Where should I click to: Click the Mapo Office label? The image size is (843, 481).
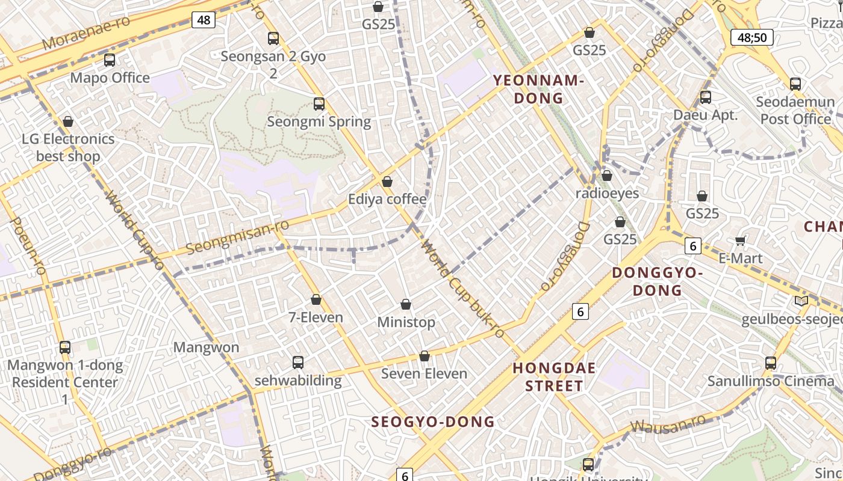coord(110,78)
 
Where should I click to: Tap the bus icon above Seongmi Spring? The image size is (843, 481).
coord(319,104)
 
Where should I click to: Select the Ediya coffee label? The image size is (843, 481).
coord(387,199)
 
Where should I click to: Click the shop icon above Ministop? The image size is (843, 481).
coord(406,305)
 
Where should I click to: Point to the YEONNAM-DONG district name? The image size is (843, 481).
coord(538,89)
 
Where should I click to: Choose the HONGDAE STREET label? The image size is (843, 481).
coord(554,377)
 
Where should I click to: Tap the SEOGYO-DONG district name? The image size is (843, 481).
coord(433,421)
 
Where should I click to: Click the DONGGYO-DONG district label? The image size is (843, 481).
coord(657,281)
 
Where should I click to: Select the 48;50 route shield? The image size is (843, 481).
coord(751,37)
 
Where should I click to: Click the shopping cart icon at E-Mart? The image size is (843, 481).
coord(740,240)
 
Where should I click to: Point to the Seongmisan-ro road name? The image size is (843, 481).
coord(237,237)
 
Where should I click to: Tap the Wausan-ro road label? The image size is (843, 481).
coord(668,425)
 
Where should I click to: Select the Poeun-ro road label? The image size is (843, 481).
coord(28,246)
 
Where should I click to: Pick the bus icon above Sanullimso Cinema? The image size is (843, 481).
coord(771,363)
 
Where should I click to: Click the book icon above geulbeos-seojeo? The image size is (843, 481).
coord(801,301)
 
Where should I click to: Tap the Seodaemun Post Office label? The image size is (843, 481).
coord(795,110)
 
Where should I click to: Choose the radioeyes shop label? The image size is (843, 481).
coord(607,193)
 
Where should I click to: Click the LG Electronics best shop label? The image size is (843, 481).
coord(68,147)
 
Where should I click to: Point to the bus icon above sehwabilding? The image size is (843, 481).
coord(297,363)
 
